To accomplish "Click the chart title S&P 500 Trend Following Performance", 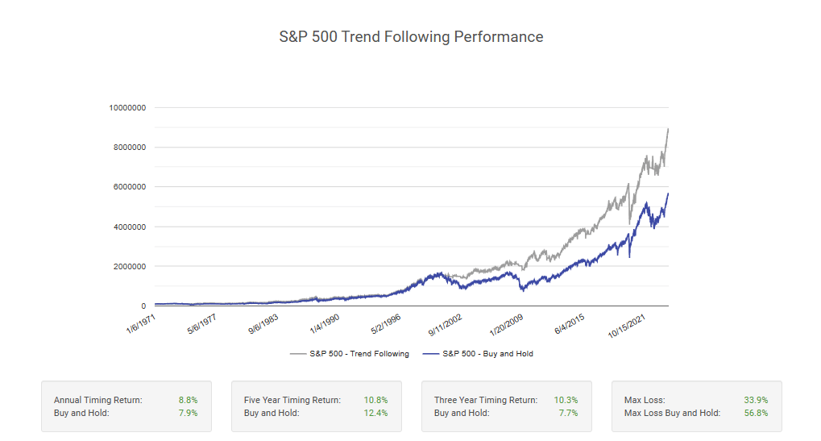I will pyautogui.click(x=411, y=37).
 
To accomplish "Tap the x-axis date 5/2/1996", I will pyautogui.click(x=386, y=324).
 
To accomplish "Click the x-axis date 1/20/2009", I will pyautogui.click(x=508, y=325).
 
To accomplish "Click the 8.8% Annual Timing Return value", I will pyautogui.click(x=188, y=400).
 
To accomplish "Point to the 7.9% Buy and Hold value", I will pyautogui.click(x=188, y=413).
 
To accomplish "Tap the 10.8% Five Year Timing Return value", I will pyautogui.click(x=375, y=400).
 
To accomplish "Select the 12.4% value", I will pyautogui.click(x=375, y=413).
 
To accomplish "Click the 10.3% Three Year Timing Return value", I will pyautogui.click(x=566, y=400).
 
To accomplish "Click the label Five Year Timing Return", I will pyautogui.click(x=292, y=400).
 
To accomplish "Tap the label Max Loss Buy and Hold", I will pyautogui.click(x=672, y=413).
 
